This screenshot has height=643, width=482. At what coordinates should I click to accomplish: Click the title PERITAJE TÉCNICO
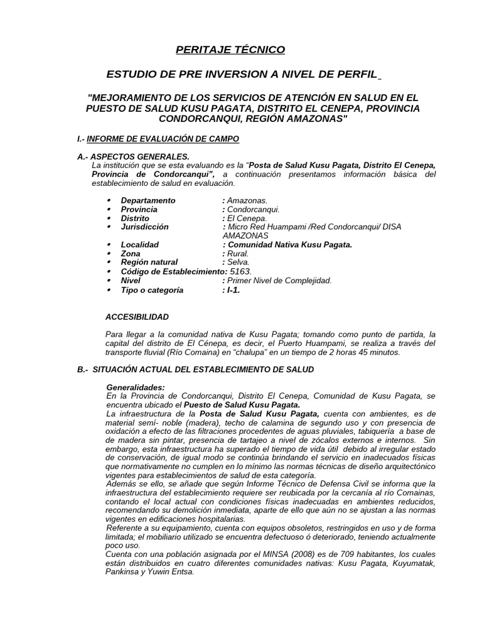pyautogui.click(x=230, y=50)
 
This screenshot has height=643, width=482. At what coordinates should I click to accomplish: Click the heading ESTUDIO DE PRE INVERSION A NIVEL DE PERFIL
pyautogui.click(x=242, y=75)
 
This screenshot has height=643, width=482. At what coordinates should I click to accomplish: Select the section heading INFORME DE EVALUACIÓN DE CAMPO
pyautogui.click(x=163, y=138)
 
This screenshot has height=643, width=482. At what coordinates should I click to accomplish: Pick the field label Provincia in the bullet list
pyautogui.click(x=139, y=209)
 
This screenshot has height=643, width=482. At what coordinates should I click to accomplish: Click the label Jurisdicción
pyautogui.click(x=144, y=227)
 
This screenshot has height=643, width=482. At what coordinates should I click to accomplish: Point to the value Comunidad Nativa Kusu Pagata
pyautogui.click(x=289, y=244)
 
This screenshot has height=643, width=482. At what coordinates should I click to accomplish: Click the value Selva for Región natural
pyautogui.click(x=238, y=262)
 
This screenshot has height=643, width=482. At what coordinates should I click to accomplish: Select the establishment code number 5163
pyautogui.click(x=241, y=271)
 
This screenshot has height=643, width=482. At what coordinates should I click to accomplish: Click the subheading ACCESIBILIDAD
pyautogui.click(x=137, y=317)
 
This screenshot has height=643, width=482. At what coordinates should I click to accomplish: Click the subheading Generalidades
pyautogui.click(x=136, y=387)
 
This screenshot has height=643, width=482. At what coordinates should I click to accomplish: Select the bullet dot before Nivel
pyautogui.click(x=109, y=281)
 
